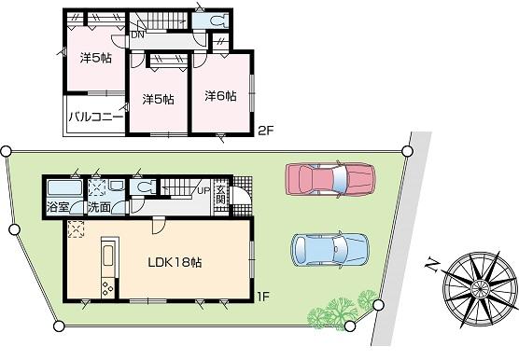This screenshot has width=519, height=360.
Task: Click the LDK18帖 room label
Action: [x=174, y=262]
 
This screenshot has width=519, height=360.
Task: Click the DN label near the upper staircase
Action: [x=137, y=35]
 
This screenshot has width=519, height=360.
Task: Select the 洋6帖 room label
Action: [x=220, y=95]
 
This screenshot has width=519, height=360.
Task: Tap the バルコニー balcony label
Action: [x=93, y=118]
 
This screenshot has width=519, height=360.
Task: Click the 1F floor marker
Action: [x=264, y=297]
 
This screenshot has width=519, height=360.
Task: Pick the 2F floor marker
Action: [x=267, y=132]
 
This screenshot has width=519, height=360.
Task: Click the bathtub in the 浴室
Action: [x=63, y=187]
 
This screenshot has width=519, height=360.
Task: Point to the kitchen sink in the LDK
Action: [x=106, y=254]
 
